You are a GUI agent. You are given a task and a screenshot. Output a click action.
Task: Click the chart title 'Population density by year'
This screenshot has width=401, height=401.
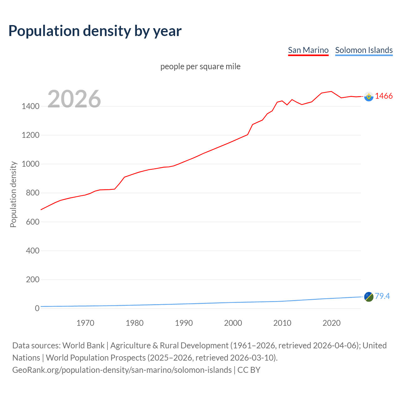pyautogui.click(x=95, y=31)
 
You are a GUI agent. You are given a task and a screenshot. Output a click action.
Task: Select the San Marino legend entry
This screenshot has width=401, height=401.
pyautogui.click(x=308, y=50)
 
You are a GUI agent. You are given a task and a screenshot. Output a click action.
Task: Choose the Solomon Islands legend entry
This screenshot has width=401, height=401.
pyautogui.click(x=364, y=50)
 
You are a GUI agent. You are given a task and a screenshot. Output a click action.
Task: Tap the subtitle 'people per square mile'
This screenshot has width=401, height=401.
pyautogui.click(x=200, y=67)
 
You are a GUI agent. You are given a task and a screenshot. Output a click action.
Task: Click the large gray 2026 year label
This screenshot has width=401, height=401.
pyautogui.click(x=74, y=99)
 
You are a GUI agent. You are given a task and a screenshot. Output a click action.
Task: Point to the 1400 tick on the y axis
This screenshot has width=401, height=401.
pyautogui.click(x=30, y=107)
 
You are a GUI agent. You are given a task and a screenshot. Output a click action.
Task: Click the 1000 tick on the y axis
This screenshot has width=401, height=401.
pyautogui.click(x=30, y=164)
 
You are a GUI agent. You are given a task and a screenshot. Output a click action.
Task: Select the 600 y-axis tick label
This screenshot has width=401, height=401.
pyautogui.click(x=33, y=222)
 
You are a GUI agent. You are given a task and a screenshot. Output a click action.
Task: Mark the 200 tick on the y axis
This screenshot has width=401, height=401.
pyautogui.click(x=33, y=279)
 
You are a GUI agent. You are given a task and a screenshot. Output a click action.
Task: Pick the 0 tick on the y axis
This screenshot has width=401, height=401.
pyautogui.click(x=37, y=308)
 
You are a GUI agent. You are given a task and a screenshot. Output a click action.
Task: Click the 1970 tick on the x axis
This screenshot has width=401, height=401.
pyautogui.click(x=85, y=323)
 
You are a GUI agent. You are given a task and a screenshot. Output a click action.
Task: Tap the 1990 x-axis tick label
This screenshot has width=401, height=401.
pyautogui.click(x=184, y=323)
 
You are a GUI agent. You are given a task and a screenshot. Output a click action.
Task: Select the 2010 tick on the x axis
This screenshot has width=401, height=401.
pyautogui.click(x=282, y=323)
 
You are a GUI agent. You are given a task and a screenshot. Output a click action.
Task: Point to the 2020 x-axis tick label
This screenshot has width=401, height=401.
pyautogui.click(x=331, y=323)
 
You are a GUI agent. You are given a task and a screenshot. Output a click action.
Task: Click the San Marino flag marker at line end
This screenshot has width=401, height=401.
pyautogui.click(x=369, y=96)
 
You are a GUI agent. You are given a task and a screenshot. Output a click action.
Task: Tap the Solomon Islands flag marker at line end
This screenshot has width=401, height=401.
pyautogui.click(x=369, y=297)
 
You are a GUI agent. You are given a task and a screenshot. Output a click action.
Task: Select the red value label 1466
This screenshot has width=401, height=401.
pyautogui.click(x=384, y=96)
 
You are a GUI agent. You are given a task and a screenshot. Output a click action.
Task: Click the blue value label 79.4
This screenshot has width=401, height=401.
pyautogui.click(x=382, y=296)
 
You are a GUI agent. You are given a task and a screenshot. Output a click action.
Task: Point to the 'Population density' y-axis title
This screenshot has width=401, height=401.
pyautogui.click(x=13, y=194)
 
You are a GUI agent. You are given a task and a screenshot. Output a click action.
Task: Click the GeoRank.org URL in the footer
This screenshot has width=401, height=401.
pyautogui.click(x=122, y=370)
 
